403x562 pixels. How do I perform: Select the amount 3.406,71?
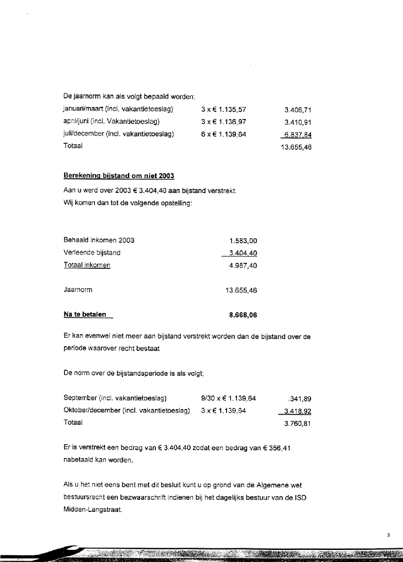click(298, 109)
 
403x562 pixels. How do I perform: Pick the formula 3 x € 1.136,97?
click(224, 121)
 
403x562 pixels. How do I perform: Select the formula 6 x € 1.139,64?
click(224, 134)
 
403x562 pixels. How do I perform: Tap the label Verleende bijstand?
click(92, 253)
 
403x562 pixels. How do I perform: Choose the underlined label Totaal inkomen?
click(87, 265)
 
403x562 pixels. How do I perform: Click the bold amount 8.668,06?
click(243, 315)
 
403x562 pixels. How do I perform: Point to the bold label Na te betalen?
click(85, 314)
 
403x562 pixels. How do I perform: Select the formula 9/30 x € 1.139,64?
click(228, 398)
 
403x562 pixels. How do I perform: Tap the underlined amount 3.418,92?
click(296, 410)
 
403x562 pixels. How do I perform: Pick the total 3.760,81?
click(298, 423)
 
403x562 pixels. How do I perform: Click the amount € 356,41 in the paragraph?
click(275, 448)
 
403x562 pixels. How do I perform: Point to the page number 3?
click(389, 535)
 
